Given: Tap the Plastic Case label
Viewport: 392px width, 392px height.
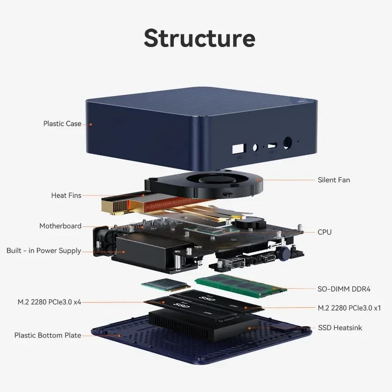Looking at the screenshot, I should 62,123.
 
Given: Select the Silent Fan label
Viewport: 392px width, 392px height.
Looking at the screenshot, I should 334,180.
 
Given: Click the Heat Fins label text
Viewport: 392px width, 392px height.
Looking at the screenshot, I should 66,195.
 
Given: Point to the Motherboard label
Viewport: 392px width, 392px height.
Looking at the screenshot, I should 60,226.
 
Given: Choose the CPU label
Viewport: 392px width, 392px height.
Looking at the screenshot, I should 324,232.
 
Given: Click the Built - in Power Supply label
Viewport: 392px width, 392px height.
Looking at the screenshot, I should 44,250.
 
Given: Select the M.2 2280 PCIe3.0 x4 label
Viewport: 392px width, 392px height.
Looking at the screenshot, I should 49,302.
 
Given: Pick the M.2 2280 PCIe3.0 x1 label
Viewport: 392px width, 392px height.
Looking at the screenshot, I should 349,308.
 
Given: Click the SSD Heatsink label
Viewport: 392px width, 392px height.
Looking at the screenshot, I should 340,327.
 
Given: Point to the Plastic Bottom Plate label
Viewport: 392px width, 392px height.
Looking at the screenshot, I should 48,335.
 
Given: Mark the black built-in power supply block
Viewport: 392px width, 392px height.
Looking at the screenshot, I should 147,250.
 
